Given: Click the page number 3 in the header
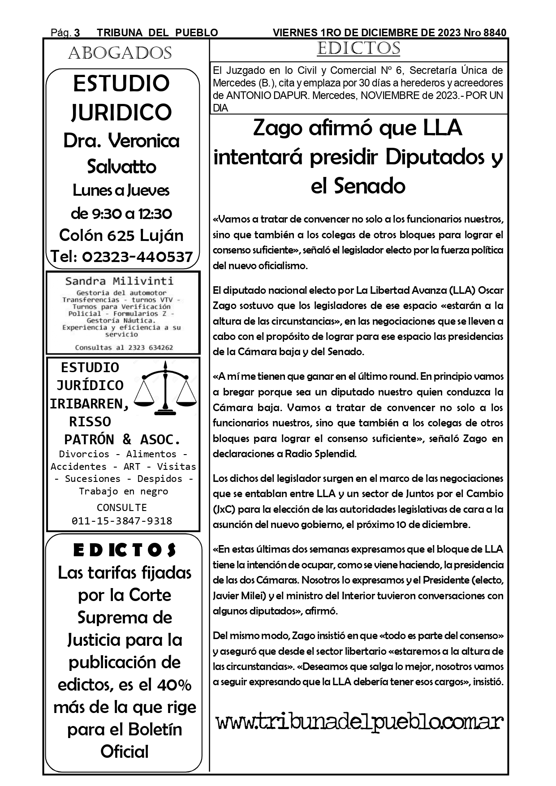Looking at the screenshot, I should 77,33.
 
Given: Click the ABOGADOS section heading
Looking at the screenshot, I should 120,53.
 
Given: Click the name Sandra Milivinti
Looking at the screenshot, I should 119,281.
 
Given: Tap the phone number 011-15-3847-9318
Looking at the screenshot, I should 122,520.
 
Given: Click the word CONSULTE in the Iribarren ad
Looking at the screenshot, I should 122,507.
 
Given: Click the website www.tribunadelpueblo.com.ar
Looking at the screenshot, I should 360,722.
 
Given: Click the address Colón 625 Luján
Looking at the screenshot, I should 121,235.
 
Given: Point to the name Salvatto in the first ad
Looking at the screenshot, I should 121,167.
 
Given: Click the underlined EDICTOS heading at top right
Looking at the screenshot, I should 358,48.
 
